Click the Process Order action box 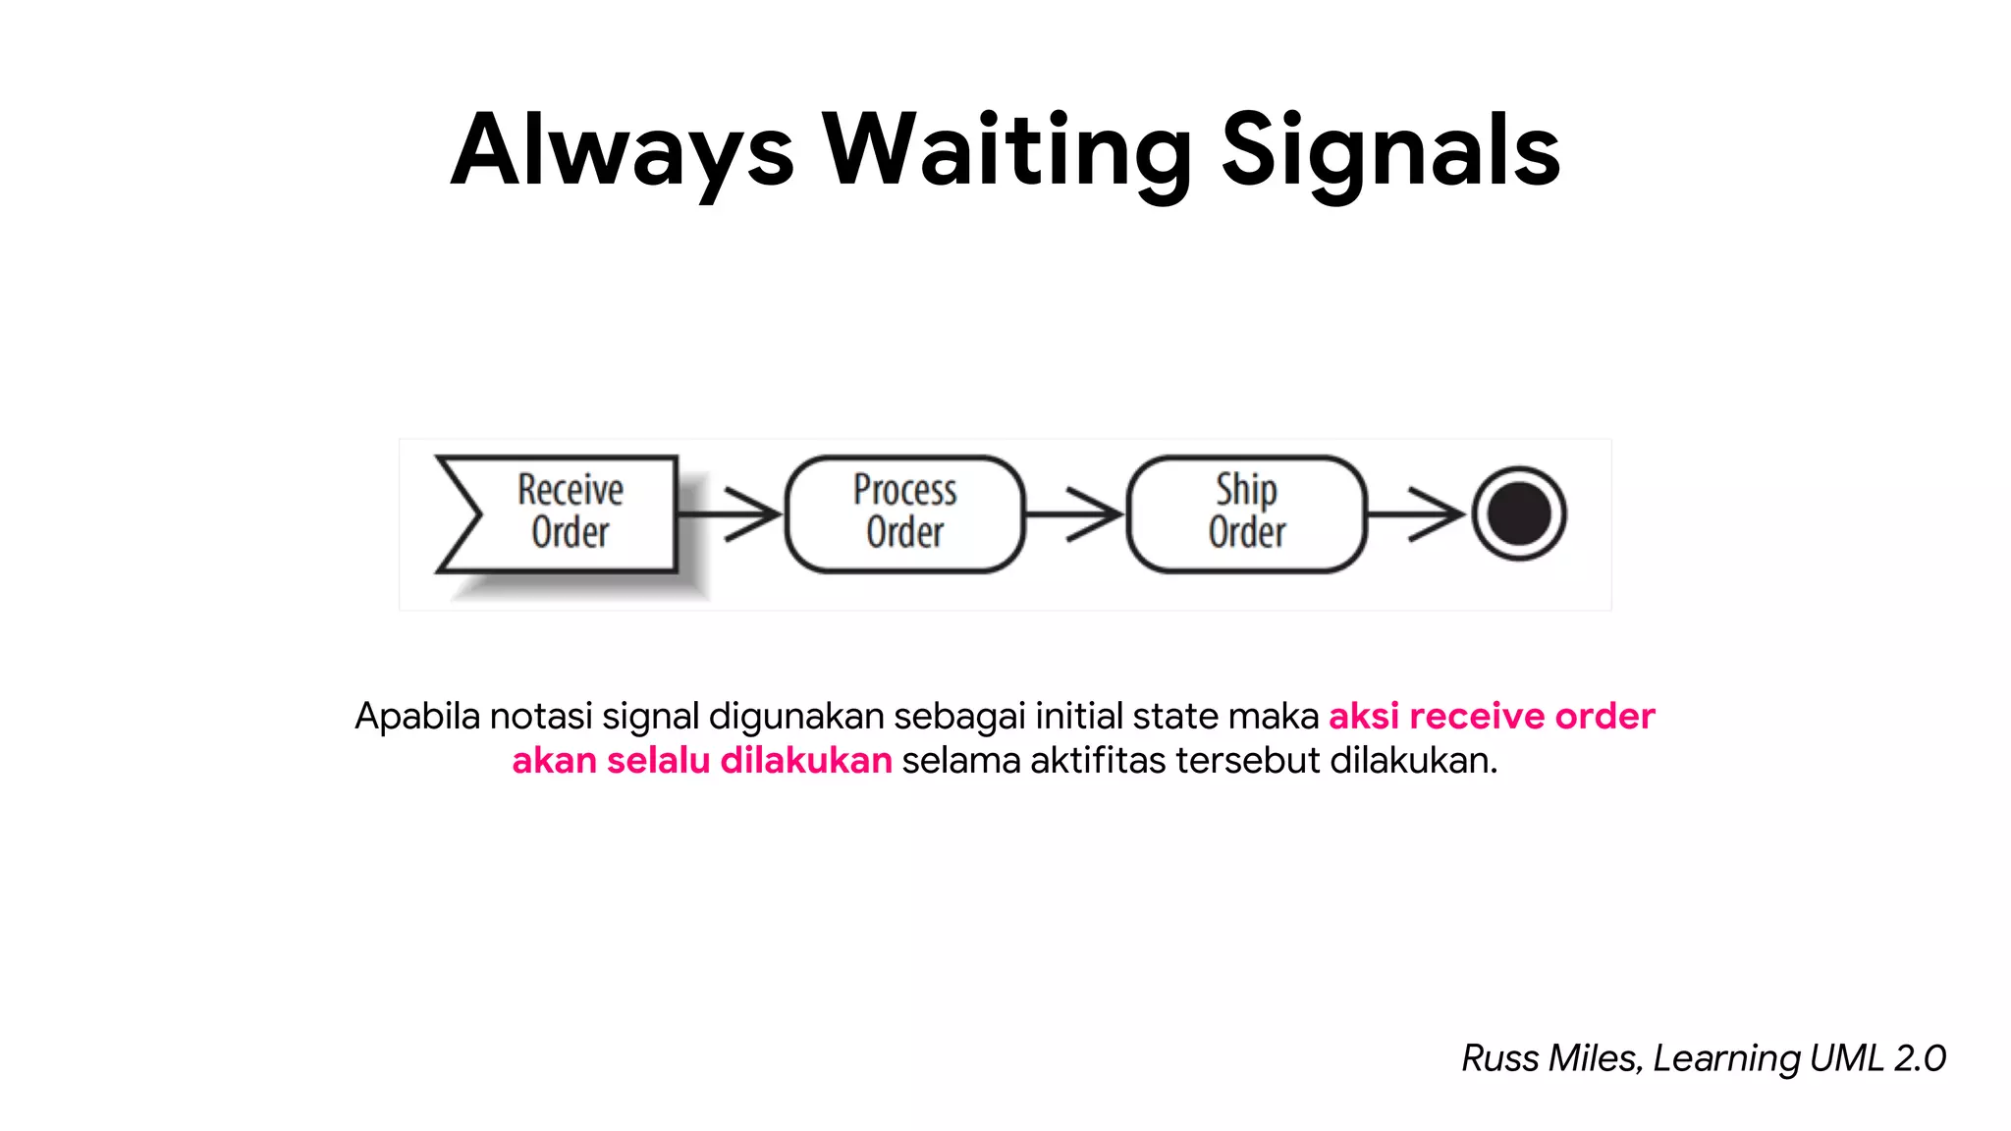[x=904, y=512]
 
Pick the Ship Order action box [x=1246, y=512]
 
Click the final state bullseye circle [x=1518, y=513]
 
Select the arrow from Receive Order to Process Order [x=732, y=513]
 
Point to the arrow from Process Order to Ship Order [x=1075, y=513]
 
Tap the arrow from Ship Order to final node [x=1416, y=513]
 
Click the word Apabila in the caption [x=417, y=717]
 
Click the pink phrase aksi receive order [x=1491, y=716]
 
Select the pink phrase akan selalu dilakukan [x=701, y=761]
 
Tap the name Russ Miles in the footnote [x=1549, y=1058]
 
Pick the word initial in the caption [x=1078, y=716]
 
